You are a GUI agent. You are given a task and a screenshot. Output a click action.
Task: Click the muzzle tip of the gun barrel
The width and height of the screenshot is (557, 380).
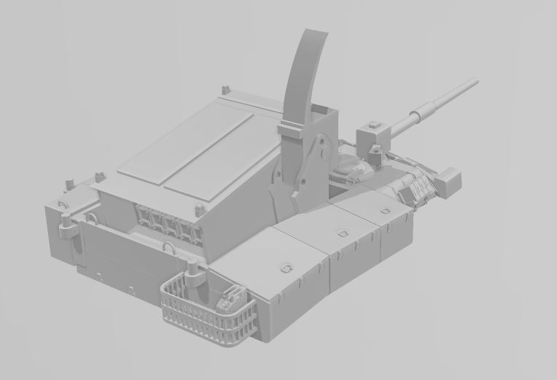tap(476, 81)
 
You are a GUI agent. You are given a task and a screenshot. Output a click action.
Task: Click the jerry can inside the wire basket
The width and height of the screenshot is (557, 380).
tap(233, 299)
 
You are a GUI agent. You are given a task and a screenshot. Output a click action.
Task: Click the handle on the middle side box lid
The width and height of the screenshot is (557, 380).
tap(341, 233)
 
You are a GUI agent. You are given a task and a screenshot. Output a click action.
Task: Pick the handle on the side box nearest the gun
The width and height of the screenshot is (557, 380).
tap(385, 211)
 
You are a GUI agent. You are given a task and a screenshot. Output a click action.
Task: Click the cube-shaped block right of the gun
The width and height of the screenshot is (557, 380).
tap(449, 180)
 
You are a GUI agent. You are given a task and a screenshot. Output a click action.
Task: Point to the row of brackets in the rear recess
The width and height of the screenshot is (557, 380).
tap(168, 220)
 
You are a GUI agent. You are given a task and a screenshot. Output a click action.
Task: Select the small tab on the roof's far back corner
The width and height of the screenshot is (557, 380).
tap(225, 90)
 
